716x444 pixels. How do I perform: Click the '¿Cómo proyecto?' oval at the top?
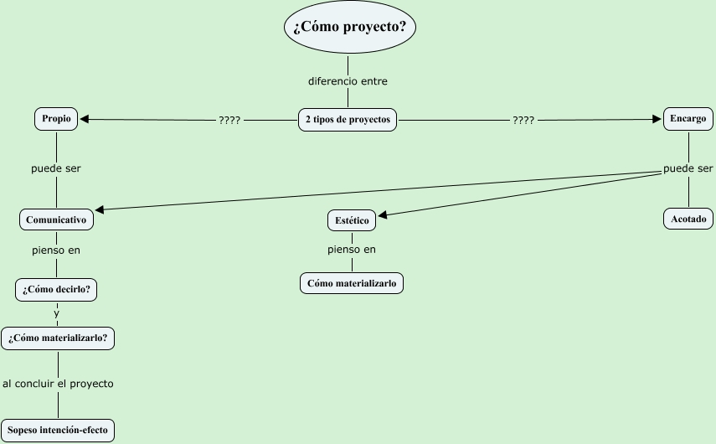pos(349,27)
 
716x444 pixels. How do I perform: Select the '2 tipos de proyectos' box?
pos(348,120)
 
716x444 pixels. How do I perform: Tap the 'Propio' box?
pos(56,120)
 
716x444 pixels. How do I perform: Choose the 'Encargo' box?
pos(688,119)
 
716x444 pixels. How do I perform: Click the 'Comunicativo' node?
pos(56,220)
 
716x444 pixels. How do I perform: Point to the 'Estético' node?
pos(351,221)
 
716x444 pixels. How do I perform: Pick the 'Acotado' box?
pos(688,219)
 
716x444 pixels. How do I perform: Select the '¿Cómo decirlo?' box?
pos(57,290)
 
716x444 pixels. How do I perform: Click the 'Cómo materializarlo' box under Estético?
pos(352,284)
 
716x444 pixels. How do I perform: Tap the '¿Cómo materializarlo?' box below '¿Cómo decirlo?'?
pos(58,338)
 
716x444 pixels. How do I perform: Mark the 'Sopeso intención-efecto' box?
pos(57,431)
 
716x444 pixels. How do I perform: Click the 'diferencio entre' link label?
pos(348,82)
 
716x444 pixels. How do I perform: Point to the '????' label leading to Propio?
pos(229,121)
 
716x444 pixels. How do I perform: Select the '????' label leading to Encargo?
pos(523,121)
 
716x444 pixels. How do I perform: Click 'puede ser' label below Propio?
pos(56,168)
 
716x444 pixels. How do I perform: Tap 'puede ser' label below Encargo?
pos(688,169)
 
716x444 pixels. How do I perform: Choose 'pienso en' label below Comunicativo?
pos(56,250)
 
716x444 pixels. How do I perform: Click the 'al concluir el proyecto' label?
pos(58,384)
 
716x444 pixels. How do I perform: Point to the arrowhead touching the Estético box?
pos(383,214)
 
